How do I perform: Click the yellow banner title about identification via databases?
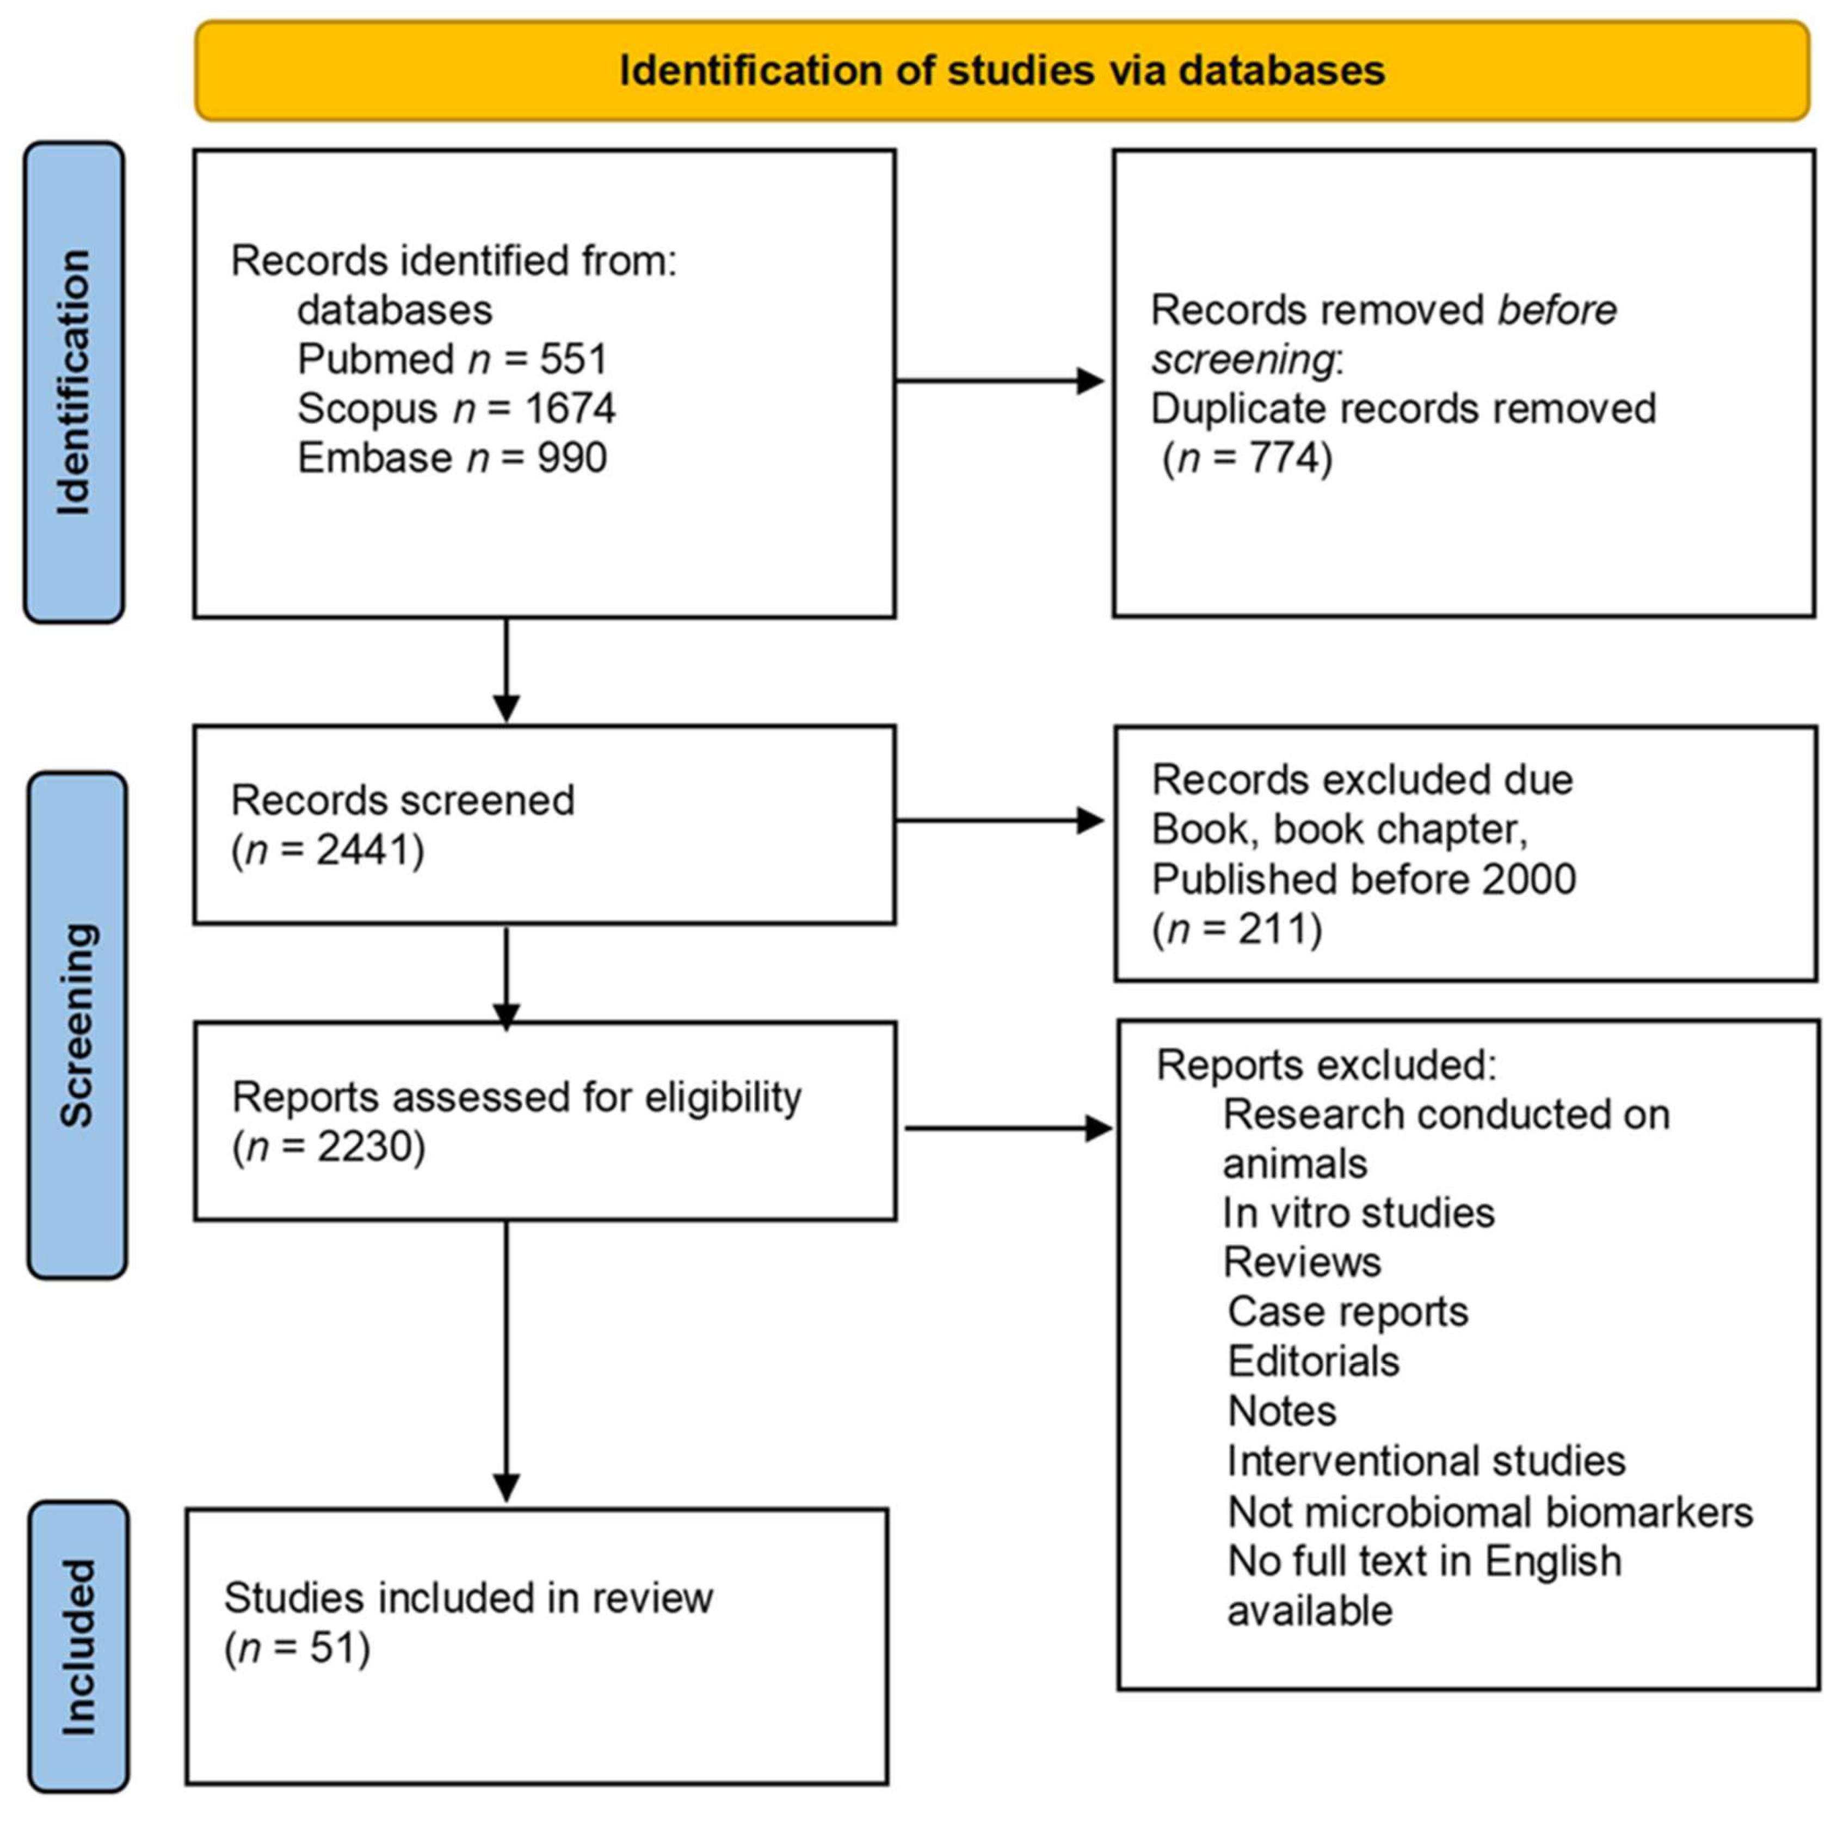[1002, 71]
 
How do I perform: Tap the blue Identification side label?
[73, 383]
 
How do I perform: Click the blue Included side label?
[78, 1646]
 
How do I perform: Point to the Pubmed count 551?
[574, 360]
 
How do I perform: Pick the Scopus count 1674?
[570, 409]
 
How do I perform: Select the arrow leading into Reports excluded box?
[1007, 1129]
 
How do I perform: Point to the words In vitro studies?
[1358, 1213]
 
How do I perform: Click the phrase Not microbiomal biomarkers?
[1489, 1512]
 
